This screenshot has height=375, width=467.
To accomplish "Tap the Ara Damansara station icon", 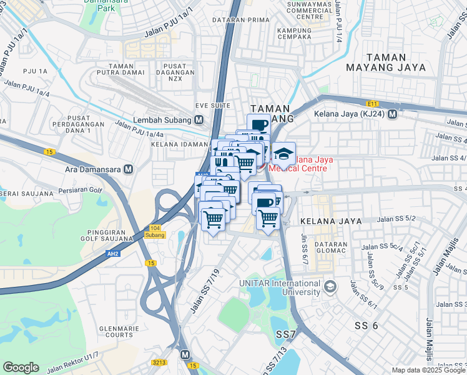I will [x=128, y=169].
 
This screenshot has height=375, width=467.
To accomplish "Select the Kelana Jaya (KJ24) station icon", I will [x=393, y=114].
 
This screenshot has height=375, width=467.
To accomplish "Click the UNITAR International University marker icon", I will [x=330, y=287].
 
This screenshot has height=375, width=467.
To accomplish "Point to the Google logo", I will [x=21, y=367].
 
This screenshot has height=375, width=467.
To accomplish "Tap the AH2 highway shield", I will [x=113, y=254].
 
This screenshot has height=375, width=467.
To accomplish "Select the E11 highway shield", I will [x=373, y=104].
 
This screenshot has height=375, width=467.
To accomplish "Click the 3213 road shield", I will [x=159, y=362].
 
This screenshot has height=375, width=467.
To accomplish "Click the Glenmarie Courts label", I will [x=120, y=331].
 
